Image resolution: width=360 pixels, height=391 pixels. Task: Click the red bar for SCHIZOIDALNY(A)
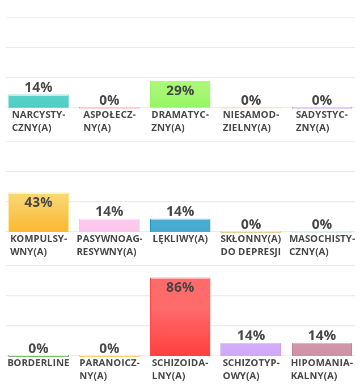pyautogui.click(x=180, y=323)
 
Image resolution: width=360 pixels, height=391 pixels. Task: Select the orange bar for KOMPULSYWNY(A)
pyautogui.click(x=39, y=218)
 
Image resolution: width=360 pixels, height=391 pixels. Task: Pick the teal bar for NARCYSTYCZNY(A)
pyautogui.click(x=39, y=101)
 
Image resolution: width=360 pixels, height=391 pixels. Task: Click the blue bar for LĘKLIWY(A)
pyautogui.click(x=180, y=225)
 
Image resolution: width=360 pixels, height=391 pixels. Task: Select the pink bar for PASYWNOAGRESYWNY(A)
pyautogui.click(x=109, y=225)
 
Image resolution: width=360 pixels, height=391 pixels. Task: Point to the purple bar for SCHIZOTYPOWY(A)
pyautogui.click(x=251, y=349)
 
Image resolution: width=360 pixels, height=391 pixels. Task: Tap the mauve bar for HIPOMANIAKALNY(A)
pyautogui.click(x=321, y=349)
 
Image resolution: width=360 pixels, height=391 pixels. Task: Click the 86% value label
pyautogui.click(x=180, y=287)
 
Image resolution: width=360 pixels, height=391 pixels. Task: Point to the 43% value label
pyautogui.click(x=39, y=202)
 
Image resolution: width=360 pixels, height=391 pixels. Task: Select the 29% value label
pyautogui.click(x=180, y=91)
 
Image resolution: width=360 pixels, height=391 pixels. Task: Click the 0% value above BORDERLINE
pyautogui.click(x=39, y=348)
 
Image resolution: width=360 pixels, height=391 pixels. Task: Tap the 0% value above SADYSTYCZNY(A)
pyautogui.click(x=321, y=100)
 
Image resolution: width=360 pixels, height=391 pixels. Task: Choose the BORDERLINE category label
pyautogui.click(x=39, y=363)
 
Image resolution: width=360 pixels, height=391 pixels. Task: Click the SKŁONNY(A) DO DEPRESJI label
pyautogui.click(x=251, y=245)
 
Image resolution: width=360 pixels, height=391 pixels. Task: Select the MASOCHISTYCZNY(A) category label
pyautogui.click(x=321, y=245)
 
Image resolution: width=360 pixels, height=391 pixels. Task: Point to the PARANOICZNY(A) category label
pyautogui.click(x=109, y=369)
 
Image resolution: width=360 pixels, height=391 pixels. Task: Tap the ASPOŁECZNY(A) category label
pyautogui.click(x=109, y=121)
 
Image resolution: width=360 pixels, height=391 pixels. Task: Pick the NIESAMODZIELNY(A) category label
pyautogui.click(x=251, y=121)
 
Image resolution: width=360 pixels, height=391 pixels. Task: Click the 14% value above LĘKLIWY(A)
pyautogui.click(x=180, y=211)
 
